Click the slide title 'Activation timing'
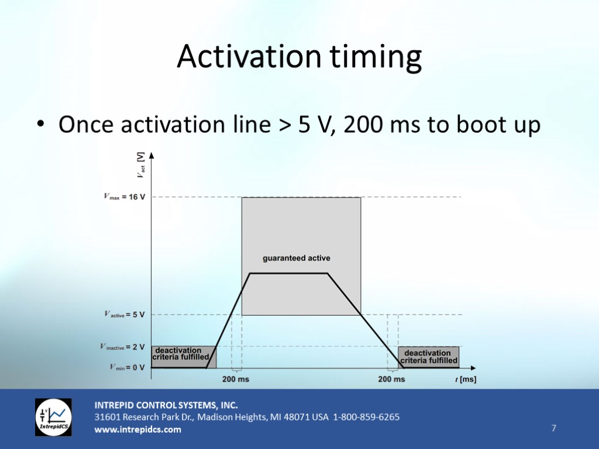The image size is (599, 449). (299, 57)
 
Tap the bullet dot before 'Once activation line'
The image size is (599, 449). (41, 124)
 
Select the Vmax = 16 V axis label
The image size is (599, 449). (125, 197)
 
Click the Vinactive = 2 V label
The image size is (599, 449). (123, 347)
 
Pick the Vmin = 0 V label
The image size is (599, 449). (127, 367)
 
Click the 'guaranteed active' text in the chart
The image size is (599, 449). (297, 258)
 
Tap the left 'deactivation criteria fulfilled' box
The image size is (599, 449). (184, 357)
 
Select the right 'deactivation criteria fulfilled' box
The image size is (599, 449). (429, 357)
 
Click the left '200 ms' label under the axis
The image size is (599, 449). (236, 379)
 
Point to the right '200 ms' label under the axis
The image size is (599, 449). (391, 379)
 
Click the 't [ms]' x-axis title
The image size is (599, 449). (466, 379)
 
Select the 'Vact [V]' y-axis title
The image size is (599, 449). (141, 165)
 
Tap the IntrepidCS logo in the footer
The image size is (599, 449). (53, 417)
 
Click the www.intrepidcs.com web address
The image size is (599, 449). (138, 430)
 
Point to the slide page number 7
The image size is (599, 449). (554, 428)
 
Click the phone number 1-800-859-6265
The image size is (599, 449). (366, 417)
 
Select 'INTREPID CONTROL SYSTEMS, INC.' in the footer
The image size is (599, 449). (166, 405)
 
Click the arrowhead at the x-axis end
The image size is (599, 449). (473, 368)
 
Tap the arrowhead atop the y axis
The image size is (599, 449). (152, 156)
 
